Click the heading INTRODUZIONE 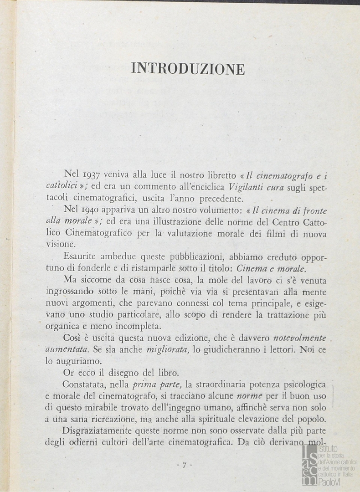[x=188, y=69]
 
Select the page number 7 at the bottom [x=184, y=465]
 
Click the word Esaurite [x=81, y=256]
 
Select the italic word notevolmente [x=299, y=338]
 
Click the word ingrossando [x=69, y=291]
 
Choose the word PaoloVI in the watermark [x=332, y=483]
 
